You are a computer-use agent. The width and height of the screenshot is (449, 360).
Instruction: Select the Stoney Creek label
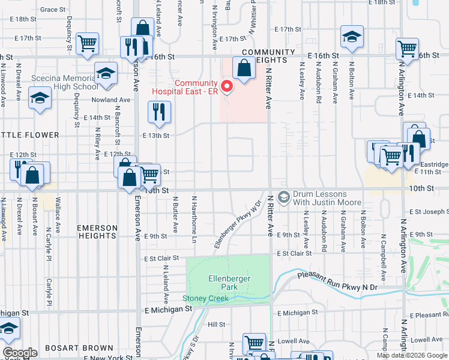pos(205,298)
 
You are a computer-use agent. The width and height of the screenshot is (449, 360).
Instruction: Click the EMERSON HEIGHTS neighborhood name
pos(96,232)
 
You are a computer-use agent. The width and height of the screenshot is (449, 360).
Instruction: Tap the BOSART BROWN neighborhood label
pos(85,348)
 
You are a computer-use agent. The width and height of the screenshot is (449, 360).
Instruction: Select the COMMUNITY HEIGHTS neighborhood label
pos(268,56)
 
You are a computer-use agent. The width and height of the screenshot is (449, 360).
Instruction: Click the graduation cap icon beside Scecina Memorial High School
pos(106,73)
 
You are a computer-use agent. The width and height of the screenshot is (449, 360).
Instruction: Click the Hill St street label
pos(216,325)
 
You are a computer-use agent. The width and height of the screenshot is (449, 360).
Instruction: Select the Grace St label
pos(53,10)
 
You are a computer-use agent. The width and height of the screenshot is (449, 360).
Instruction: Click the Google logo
pos(20,353)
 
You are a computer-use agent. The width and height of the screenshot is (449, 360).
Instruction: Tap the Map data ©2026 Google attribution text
pos(412,355)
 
